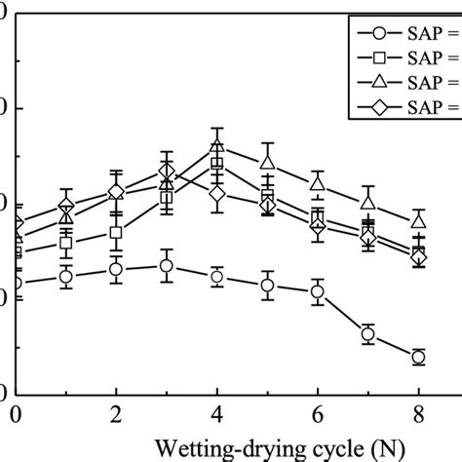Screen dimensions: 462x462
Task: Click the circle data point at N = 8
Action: point(418,357)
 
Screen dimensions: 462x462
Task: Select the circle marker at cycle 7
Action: point(368,334)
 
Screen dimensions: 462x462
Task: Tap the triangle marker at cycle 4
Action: point(217,147)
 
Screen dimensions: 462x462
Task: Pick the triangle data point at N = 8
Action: point(418,219)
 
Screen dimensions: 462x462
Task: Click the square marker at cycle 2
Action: point(116,233)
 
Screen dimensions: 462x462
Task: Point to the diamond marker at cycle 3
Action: point(167,173)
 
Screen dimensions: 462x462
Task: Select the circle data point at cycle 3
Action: point(167,265)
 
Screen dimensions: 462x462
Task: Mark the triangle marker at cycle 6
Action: point(318,182)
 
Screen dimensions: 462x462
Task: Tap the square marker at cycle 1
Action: point(66,243)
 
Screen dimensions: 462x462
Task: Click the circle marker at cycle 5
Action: point(267,286)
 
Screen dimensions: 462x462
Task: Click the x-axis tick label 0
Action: point(16,414)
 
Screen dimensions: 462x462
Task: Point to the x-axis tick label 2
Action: point(116,414)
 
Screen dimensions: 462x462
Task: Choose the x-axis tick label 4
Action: point(217,414)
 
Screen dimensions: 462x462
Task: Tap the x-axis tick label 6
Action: point(318,414)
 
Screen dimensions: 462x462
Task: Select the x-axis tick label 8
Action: point(418,414)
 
